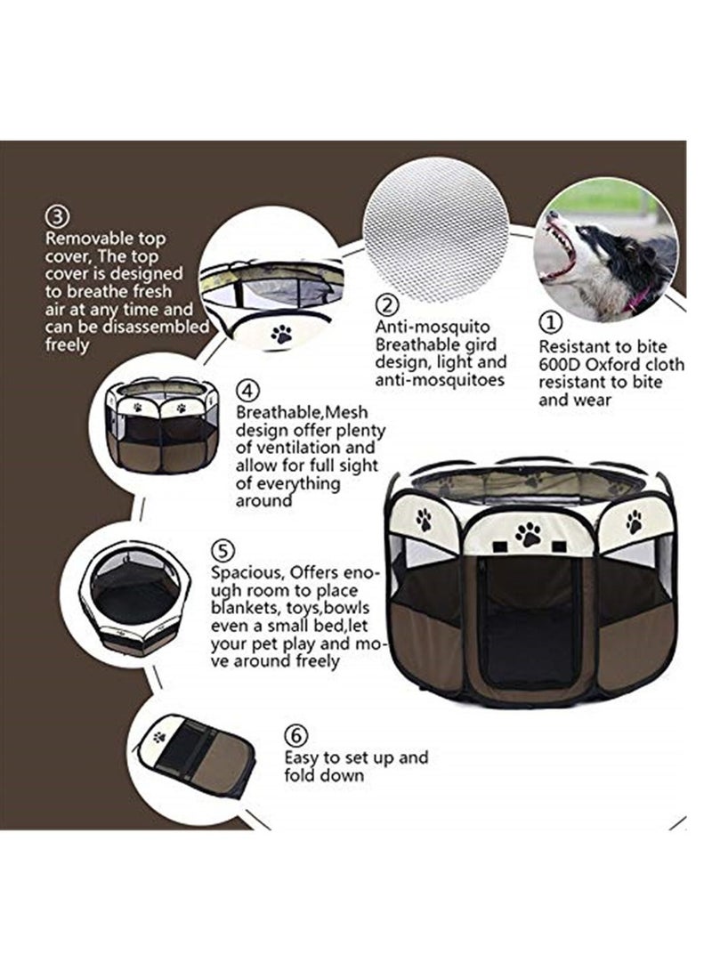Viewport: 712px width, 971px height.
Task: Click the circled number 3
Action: point(57,216)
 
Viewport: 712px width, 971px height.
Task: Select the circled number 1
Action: point(553,320)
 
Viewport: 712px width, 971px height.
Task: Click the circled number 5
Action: point(224,548)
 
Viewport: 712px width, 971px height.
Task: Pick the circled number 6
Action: point(295,735)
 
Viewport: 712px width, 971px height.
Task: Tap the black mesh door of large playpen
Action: point(529,623)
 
